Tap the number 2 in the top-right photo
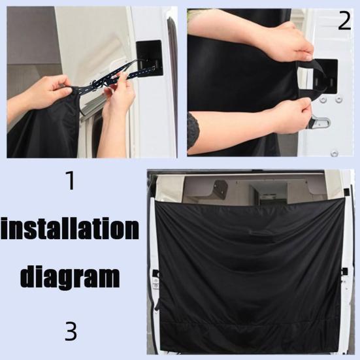click(x=344, y=22)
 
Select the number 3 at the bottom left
click(x=71, y=331)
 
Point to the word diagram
click(x=70, y=276)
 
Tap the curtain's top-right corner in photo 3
click(x=344, y=199)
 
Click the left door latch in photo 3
click(x=155, y=278)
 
